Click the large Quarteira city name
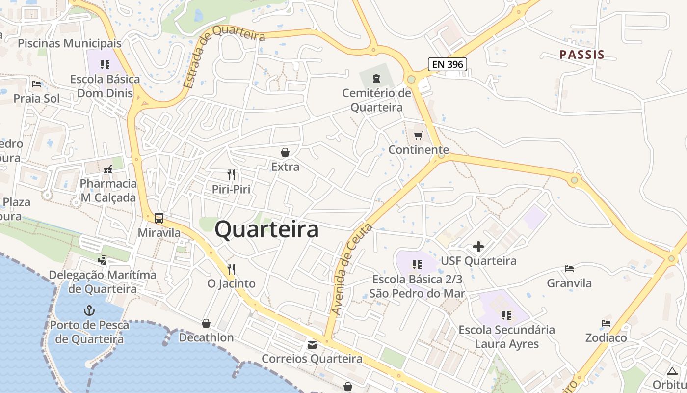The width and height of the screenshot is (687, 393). [x=267, y=229]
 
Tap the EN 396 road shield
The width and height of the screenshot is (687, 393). [x=447, y=64]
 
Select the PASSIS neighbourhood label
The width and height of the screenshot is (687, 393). [x=582, y=55]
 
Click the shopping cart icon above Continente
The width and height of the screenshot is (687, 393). [x=419, y=135]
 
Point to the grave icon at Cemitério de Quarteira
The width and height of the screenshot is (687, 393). [x=376, y=78]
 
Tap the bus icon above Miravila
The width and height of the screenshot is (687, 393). [x=159, y=218]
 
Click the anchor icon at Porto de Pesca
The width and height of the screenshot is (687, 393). [x=89, y=310]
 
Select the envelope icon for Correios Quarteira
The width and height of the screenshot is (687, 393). [x=312, y=345]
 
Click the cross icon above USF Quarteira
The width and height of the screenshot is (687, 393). [x=478, y=247]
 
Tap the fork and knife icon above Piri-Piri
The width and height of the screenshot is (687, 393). [x=231, y=174]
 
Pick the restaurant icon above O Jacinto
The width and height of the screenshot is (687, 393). [x=231, y=269]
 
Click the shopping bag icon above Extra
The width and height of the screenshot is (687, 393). [x=285, y=152]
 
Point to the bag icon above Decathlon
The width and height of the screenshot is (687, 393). [x=206, y=323]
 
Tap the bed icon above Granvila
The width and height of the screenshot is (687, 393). [x=569, y=269]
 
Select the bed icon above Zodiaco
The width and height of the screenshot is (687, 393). [x=606, y=323]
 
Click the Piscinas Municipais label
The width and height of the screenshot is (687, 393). [x=69, y=43]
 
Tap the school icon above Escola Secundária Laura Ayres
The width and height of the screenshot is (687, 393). [x=506, y=315]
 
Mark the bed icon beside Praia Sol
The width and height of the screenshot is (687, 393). [x=36, y=84]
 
